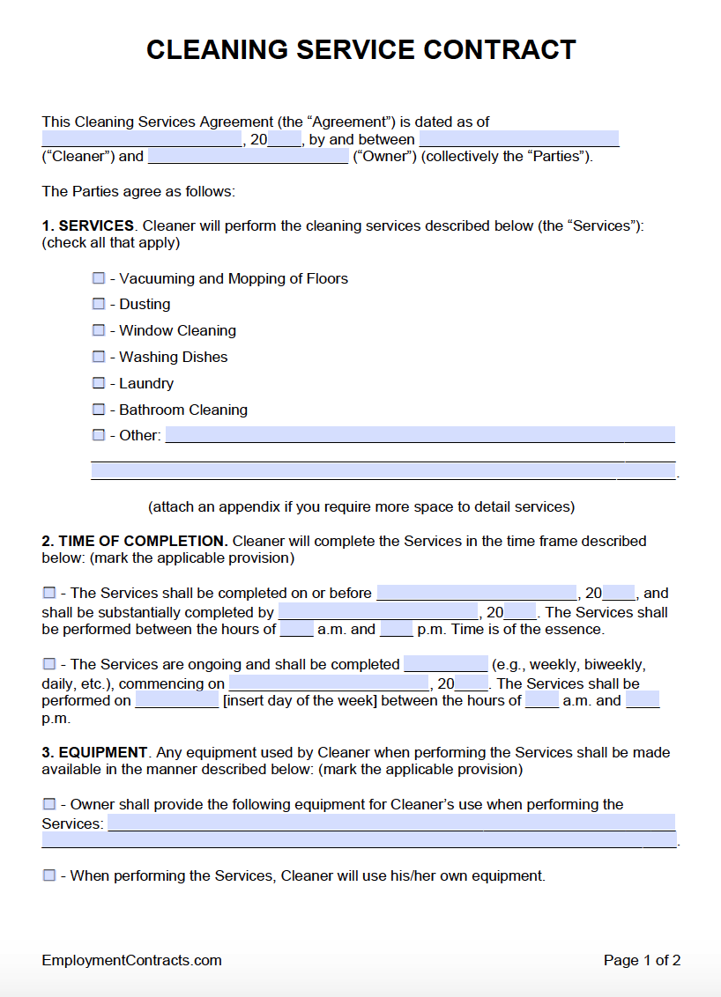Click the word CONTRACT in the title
499,50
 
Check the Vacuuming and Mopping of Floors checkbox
99,278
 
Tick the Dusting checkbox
99,304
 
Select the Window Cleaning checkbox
99,330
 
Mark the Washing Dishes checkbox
99,357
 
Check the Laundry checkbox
99,383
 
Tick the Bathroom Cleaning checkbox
99,410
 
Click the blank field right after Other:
420,435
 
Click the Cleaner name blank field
518,139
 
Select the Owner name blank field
248,157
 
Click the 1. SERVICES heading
88,225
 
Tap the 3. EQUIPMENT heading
94,752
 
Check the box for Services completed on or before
49,593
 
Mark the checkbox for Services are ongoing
49,664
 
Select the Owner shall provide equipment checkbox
49,804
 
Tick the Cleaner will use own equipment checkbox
49,875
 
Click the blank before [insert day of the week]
176,701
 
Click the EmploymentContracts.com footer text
131,960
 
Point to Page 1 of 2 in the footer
642,960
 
